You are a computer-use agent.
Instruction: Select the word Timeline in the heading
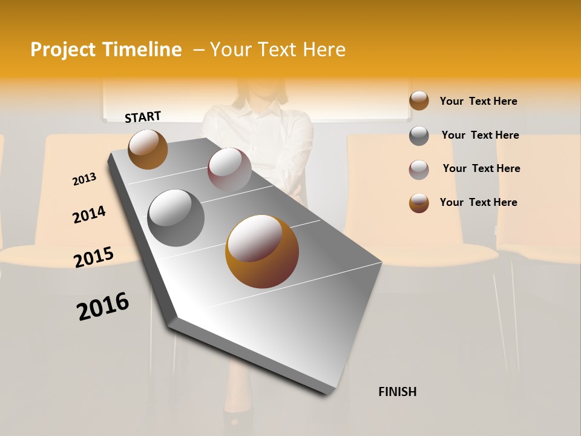[142, 50]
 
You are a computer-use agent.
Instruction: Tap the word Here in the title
[324, 50]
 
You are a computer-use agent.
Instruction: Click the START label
[143, 117]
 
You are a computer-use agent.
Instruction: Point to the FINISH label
[397, 392]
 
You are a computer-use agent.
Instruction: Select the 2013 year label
[84, 179]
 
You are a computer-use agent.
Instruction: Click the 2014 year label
[89, 215]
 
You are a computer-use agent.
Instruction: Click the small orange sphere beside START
[148, 149]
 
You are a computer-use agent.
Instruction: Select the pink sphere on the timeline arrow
[229, 170]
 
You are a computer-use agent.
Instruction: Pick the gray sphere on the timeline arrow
[176, 217]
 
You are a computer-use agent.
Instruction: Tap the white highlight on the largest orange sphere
[254, 237]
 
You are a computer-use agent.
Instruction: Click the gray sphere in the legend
[419, 136]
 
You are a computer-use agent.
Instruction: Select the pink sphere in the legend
[419, 170]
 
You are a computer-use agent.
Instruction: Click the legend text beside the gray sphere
[480, 135]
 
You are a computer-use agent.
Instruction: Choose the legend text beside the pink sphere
[481, 168]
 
